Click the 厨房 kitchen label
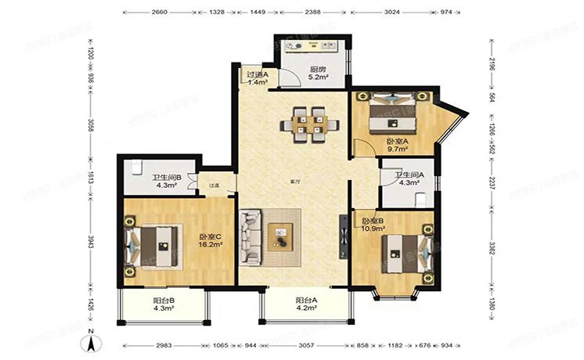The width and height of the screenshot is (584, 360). [x=317, y=68]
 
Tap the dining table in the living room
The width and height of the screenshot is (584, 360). [x=311, y=124]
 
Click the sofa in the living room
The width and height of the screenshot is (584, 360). [x=251, y=236]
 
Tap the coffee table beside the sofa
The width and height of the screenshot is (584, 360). [x=279, y=236]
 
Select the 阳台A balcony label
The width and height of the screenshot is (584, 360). [x=305, y=301]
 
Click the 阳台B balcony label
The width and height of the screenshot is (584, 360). [x=164, y=301]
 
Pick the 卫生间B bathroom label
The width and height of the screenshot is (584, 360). [x=166, y=178]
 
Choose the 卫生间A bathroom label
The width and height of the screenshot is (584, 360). [x=409, y=175]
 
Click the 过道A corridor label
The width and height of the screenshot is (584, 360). [x=258, y=75]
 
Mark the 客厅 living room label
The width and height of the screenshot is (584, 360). [x=295, y=181]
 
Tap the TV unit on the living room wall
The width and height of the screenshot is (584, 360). [x=342, y=236]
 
